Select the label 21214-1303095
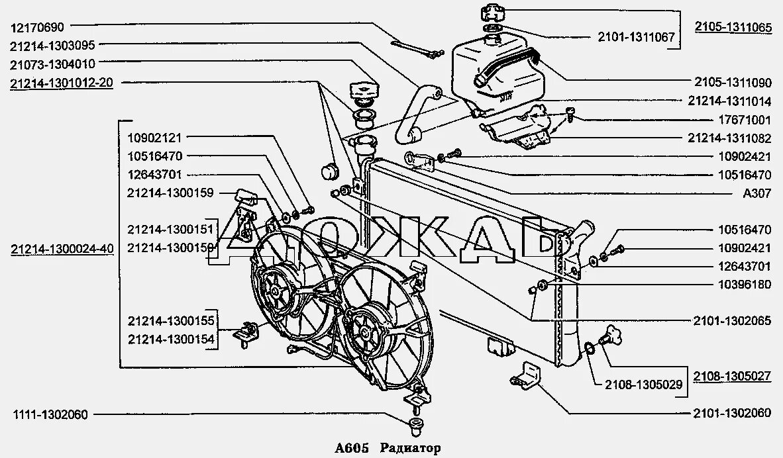point(53,46)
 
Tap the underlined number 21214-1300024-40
point(62,250)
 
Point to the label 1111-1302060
point(50,415)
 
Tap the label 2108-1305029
point(636,383)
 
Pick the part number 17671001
point(745,120)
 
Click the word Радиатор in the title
point(411,448)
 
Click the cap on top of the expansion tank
point(492,13)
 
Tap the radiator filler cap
point(364,90)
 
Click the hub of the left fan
point(273,289)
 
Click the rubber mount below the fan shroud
point(416,424)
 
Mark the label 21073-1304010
point(53,64)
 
